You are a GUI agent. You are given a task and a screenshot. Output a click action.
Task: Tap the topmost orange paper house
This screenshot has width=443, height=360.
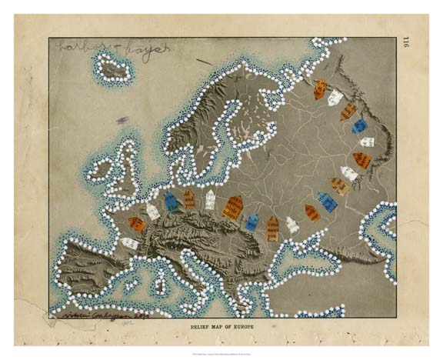(x=320, y=89)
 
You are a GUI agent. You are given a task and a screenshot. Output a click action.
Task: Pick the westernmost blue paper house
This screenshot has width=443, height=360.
(x=171, y=202)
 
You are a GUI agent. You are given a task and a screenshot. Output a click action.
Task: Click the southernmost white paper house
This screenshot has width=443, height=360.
(x=129, y=243)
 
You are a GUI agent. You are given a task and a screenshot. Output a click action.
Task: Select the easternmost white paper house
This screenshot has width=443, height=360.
(x=367, y=142)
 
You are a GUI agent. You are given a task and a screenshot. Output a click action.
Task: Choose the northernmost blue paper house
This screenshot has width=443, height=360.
(x=359, y=125)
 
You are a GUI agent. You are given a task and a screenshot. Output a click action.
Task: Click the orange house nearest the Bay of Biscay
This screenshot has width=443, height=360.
(x=136, y=224)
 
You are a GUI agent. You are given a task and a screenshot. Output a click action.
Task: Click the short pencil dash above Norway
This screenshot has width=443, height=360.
(x=204, y=61)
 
